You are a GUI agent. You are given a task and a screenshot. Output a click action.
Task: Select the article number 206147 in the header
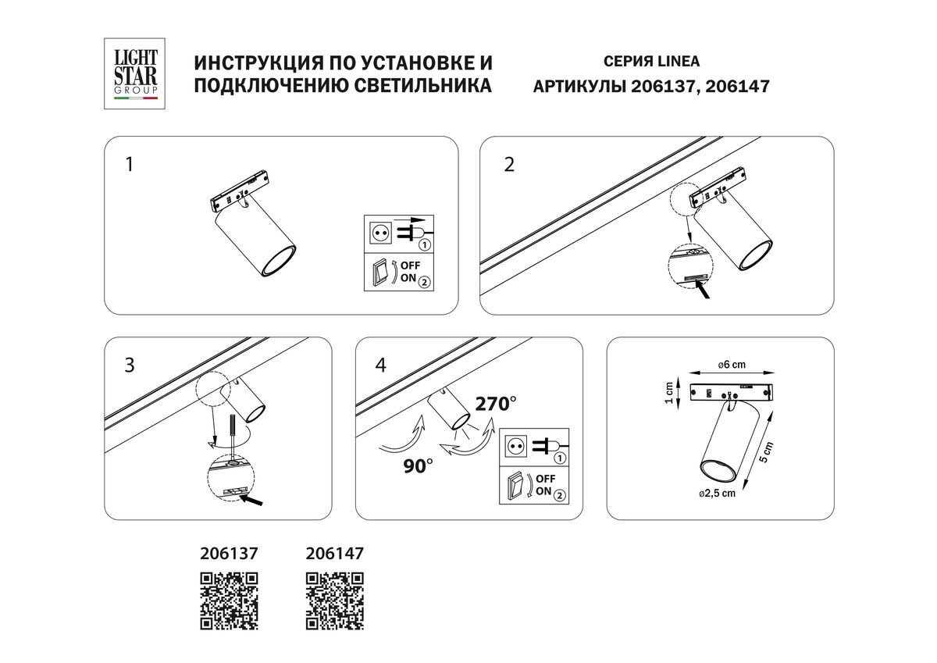[x=737, y=86]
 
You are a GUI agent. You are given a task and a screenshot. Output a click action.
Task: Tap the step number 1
[x=130, y=165]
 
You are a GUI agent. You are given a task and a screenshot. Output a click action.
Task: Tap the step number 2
[x=509, y=165]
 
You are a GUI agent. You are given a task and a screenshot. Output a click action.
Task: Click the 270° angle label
[x=497, y=404]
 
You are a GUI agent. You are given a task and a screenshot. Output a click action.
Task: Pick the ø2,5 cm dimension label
[x=717, y=493]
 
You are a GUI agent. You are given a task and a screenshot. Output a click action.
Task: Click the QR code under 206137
[x=230, y=601]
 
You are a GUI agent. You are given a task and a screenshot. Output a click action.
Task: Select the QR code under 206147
[x=334, y=601]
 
